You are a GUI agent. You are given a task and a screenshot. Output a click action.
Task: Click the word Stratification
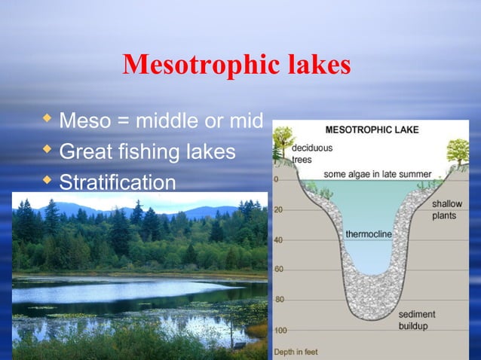(x=117, y=182)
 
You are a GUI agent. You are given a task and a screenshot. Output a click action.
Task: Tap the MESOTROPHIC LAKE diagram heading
(x=372, y=130)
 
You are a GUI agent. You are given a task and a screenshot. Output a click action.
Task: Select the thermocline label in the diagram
(x=369, y=234)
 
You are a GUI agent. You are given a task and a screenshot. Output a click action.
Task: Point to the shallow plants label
(x=449, y=209)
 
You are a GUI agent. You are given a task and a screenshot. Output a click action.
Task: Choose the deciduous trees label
(x=311, y=153)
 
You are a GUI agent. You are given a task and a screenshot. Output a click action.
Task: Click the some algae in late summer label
(x=378, y=174)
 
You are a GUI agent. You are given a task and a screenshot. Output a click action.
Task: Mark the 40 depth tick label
(x=278, y=239)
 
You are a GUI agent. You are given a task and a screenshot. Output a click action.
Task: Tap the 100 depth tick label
(x=280, y=330)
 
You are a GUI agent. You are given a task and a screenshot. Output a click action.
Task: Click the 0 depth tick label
(x=276, y=179)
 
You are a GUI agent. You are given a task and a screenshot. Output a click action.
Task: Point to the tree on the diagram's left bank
(x=283, y=139)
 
